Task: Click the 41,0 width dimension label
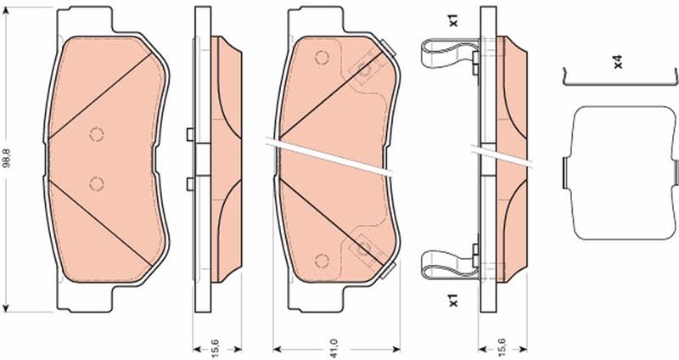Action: [334, 349]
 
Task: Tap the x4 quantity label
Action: [618, 61]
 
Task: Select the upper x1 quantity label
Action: [453, 20]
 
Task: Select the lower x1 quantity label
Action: [453, 301]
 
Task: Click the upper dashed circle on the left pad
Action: [97, 134]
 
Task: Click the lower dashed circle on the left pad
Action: [97, 184]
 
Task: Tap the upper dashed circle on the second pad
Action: [322, 58]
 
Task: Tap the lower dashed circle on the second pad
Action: [322, 261]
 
